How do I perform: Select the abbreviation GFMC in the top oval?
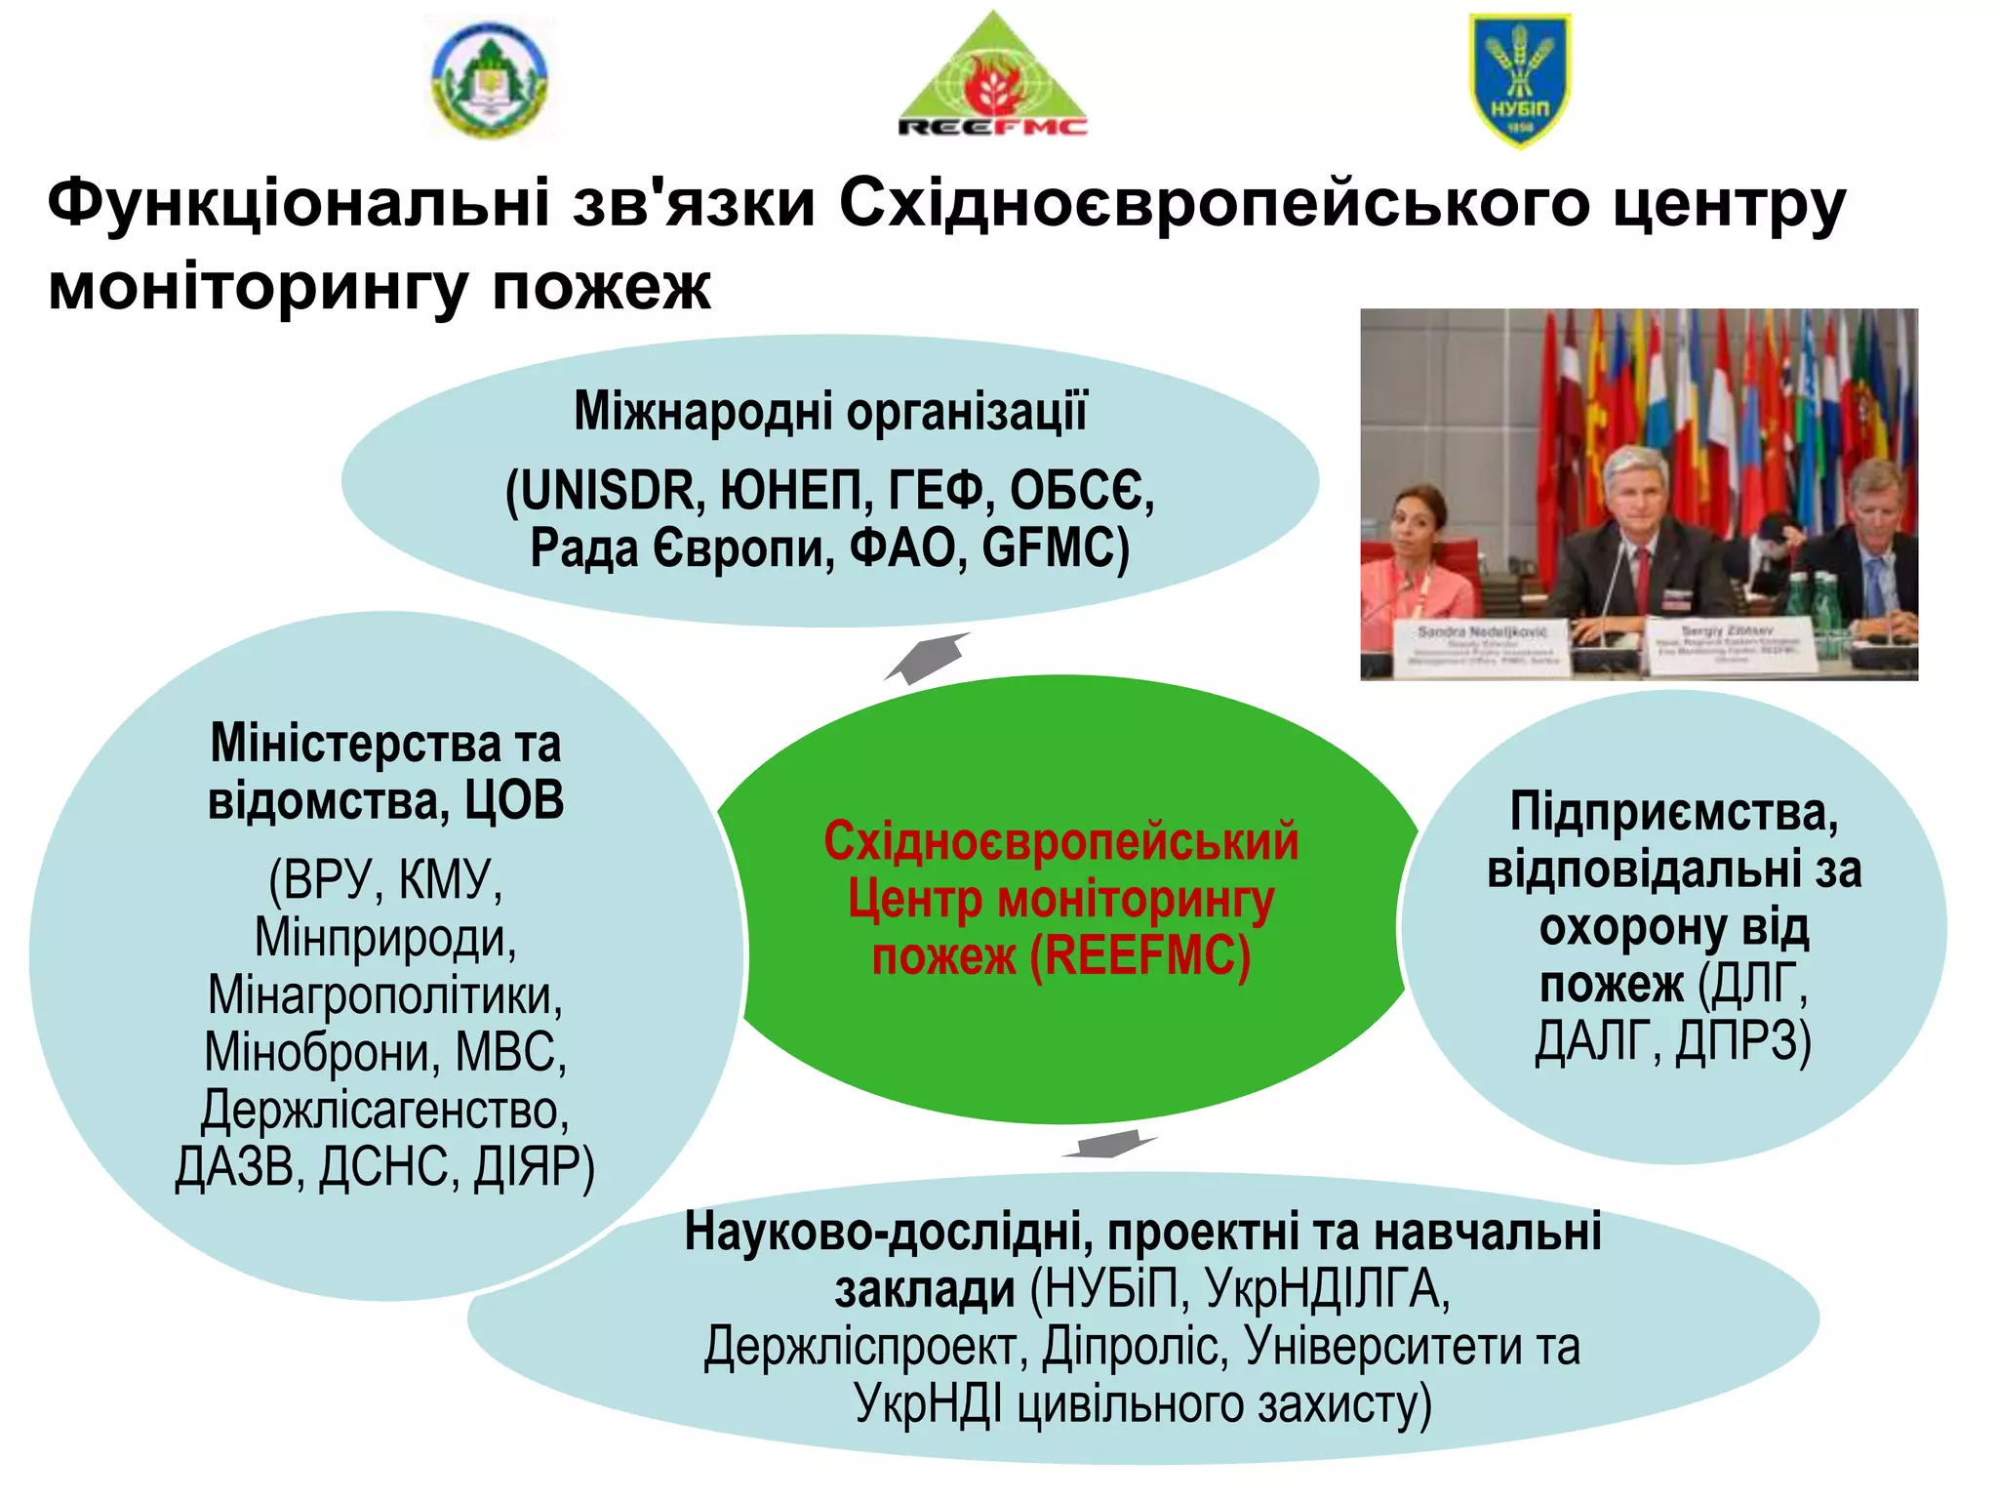pos(1056,547)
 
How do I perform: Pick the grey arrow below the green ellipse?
pos(1110,1144)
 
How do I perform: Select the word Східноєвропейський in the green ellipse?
pos(1061,841)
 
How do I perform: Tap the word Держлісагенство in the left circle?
pos(385,1110)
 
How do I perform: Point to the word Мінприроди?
pos(385,938)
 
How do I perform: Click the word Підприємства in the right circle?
pos(1674,812)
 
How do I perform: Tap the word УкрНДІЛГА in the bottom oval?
pos(1328,1289)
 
